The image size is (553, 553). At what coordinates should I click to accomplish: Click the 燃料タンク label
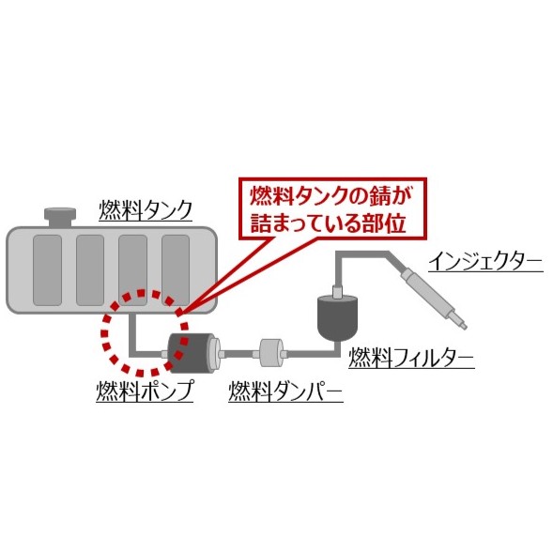coord(146,210)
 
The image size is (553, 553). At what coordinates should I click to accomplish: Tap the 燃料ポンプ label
coord(145,391)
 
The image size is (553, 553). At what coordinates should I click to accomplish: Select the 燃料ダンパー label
coord(285,392)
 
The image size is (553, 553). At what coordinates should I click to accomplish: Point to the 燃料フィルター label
coord(411,358)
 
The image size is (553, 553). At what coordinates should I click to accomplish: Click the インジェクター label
coord(485,261)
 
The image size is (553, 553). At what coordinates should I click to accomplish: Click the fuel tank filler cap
coord(60,217)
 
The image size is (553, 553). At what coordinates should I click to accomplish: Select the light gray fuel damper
coord(270,353)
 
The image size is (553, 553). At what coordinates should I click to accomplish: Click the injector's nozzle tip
coord(465,328)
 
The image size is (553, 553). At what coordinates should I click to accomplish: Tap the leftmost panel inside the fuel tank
coord(47,270)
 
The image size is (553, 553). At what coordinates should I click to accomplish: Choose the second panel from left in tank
coord(90,270)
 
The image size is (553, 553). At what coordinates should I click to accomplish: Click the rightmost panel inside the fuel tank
coord(176,270)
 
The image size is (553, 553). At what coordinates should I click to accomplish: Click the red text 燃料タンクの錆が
coord(330,196)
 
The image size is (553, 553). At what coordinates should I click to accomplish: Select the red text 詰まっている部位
coord(328,223)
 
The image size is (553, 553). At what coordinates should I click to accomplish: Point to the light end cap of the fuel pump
coord(214,353)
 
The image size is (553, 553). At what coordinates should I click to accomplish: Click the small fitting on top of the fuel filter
coord(337,291)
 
